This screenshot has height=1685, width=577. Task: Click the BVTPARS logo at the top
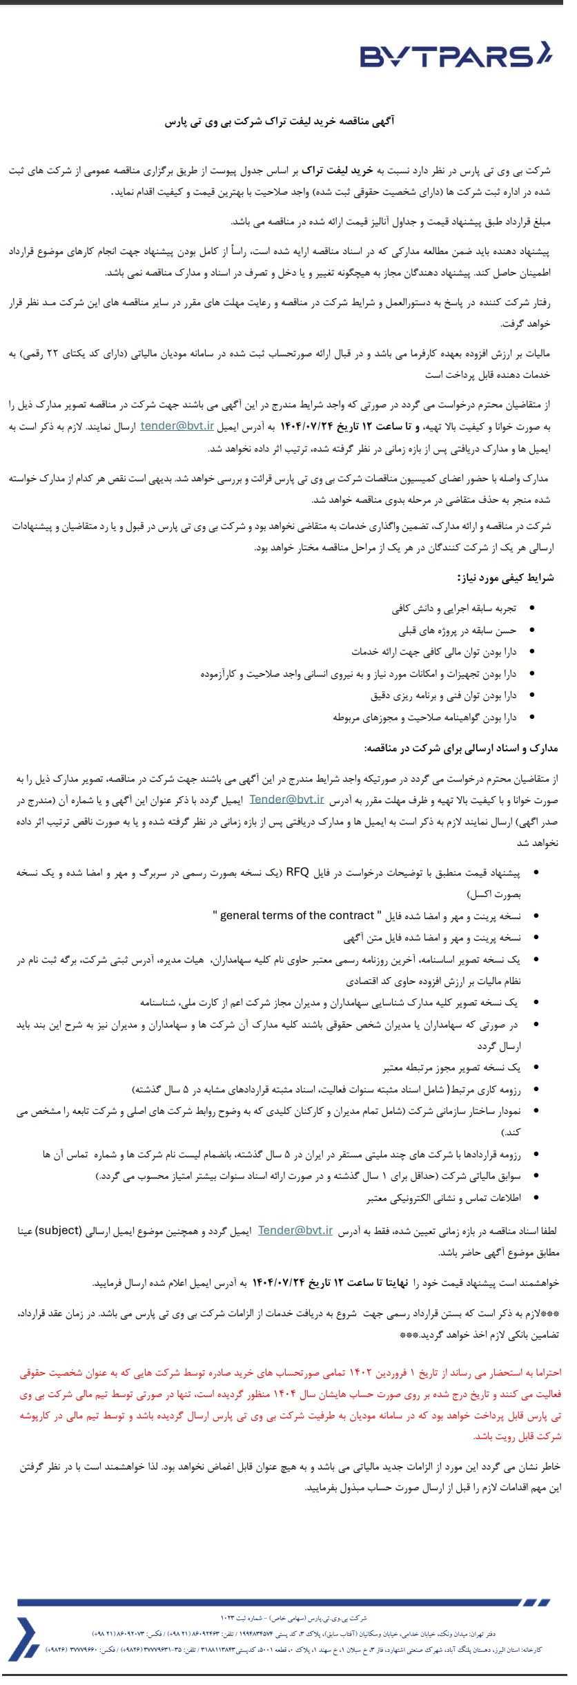tap(456, 55)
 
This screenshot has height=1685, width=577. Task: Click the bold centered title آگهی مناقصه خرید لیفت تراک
tap(279, 122)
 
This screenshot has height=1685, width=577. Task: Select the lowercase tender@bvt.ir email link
tap(177, 426)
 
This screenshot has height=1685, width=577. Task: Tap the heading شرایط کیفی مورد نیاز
tap(505, 578)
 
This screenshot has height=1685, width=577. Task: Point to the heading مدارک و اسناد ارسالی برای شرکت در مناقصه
tap(460, 748)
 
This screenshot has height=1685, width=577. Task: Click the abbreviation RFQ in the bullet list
tap(297, 872)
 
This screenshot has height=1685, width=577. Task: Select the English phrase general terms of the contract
tap(297, 916)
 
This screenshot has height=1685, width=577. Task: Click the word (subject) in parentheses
tap(59, 1231)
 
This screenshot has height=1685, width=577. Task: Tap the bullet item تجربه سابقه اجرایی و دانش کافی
tap(453, 608)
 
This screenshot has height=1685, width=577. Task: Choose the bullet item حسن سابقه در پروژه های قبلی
tap(457, 630)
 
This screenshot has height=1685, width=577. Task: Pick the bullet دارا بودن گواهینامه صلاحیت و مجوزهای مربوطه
tap(424, 718)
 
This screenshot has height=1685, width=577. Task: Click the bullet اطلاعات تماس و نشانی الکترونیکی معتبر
tap(443, 1198)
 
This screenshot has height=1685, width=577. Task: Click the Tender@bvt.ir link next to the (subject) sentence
tap(295, 1231)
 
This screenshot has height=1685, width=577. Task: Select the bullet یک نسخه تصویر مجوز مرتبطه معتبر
tap(451, 1068)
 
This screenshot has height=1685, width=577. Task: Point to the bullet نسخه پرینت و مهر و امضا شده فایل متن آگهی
tap(432, 938)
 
